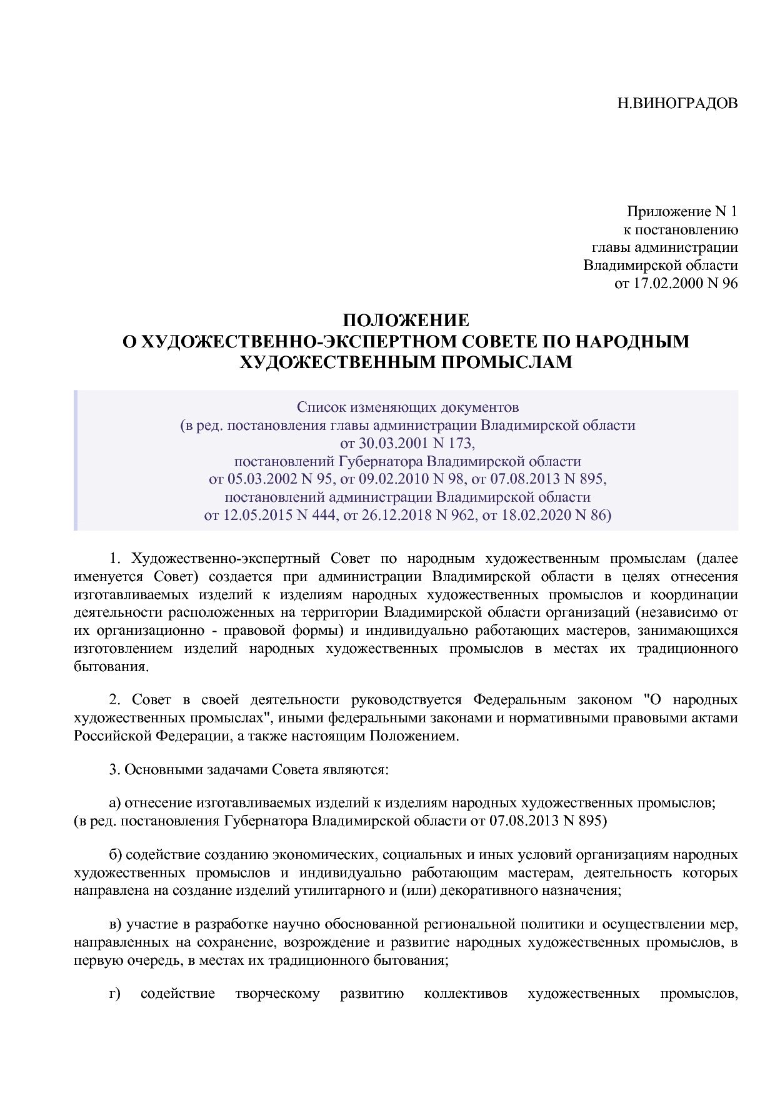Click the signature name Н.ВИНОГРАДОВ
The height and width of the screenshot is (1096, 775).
click(677, 103)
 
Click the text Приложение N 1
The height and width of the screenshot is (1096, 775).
click(682, 212)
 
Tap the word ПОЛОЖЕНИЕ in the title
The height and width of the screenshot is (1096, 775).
click(406, 321)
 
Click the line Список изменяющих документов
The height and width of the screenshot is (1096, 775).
click(407, 407)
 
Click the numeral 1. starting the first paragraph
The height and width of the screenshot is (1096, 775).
click(114, 558)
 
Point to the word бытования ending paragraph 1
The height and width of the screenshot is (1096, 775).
click(111, 667)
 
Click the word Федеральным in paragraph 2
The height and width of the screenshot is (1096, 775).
click(519, 700)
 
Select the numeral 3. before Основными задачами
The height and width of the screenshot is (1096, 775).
click(114, 769)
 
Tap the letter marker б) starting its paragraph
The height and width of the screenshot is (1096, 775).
click(115, 854)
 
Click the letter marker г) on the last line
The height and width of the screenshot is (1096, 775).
click(114, 994)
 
